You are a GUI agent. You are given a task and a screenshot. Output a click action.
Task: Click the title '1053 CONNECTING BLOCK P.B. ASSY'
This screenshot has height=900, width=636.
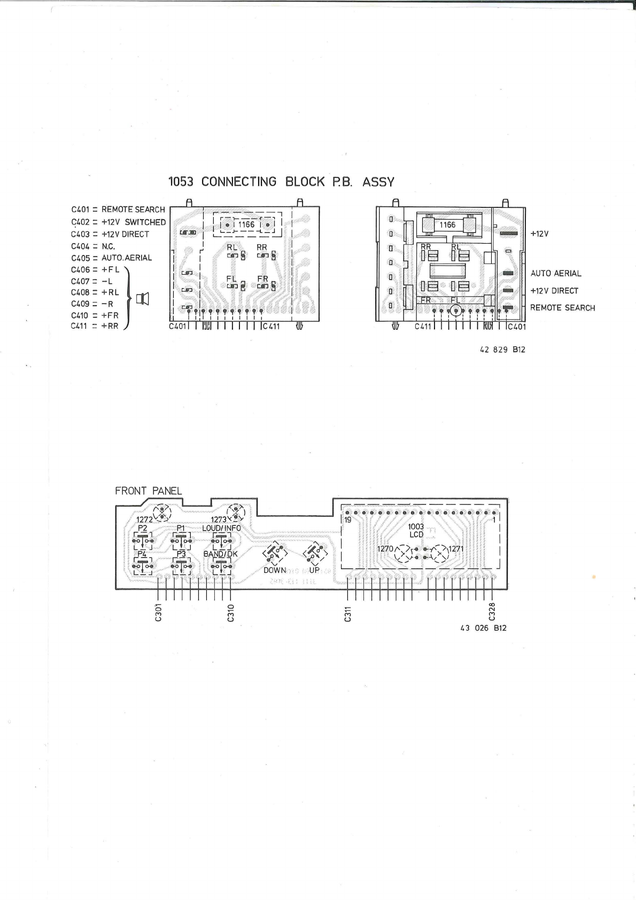coord(281,182)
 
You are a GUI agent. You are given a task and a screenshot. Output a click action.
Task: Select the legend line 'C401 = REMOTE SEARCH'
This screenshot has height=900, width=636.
coord(118,210)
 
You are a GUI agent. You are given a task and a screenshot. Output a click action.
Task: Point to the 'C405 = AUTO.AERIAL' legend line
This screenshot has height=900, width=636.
coord(111,258)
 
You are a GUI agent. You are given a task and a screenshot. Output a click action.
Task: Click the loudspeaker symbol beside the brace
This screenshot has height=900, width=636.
coord(143,299)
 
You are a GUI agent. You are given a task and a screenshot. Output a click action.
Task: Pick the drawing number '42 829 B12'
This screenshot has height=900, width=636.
coord(502,350)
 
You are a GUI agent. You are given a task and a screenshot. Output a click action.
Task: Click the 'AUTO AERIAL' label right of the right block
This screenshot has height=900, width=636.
coord(555,273)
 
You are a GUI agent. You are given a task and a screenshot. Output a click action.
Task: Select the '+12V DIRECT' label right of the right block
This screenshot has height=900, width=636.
coord(554,291)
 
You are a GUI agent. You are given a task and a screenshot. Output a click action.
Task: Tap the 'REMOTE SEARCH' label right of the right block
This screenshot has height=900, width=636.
coord(562,308)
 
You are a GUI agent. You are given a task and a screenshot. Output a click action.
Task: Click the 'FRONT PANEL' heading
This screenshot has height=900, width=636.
coord(149,491)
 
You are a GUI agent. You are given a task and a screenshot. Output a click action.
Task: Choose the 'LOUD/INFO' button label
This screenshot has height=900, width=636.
coord(221,528)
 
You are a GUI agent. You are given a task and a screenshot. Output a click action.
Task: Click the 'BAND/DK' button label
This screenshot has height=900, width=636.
coord(220,554)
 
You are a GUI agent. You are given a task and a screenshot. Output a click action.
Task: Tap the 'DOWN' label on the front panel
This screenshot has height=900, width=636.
coord(275,570)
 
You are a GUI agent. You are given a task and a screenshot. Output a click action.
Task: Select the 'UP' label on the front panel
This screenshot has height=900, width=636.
coord(314,570)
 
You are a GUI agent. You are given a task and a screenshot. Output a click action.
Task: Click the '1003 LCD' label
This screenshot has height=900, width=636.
coord(416,531)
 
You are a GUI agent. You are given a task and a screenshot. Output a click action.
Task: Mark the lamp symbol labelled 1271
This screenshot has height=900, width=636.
coord(440,553)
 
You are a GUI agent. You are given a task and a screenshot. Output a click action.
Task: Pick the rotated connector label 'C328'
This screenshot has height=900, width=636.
coord(492,613)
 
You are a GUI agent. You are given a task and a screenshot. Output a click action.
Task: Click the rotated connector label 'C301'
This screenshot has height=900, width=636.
coord(158,615)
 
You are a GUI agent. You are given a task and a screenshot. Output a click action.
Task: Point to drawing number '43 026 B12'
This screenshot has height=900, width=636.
coord(483,628)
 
